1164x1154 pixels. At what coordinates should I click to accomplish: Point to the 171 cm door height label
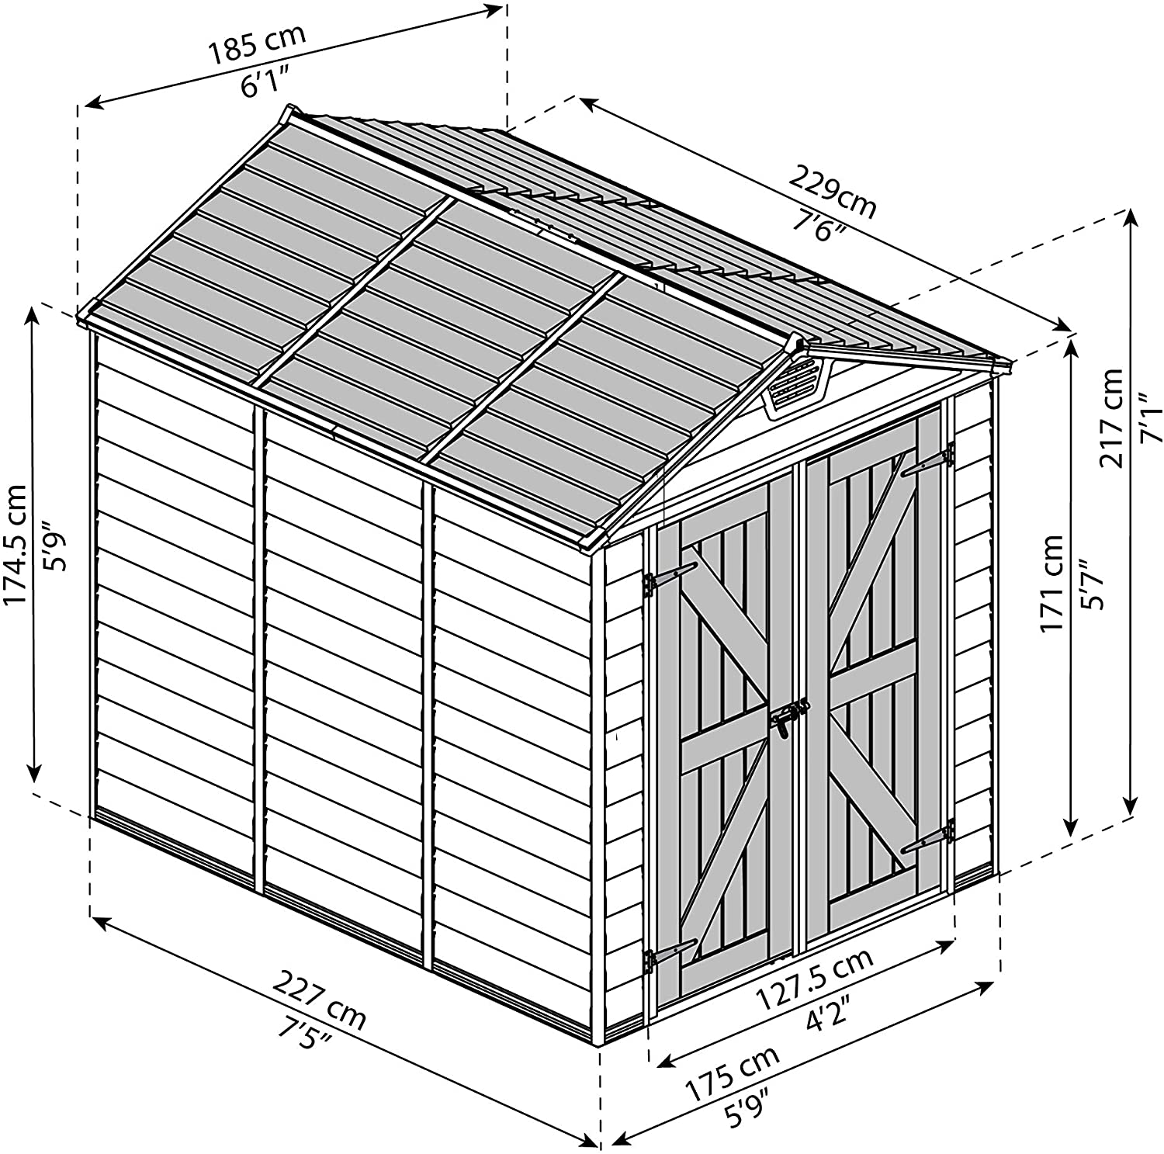pos(1052,584)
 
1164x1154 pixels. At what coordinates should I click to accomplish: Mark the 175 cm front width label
pos(732,1074)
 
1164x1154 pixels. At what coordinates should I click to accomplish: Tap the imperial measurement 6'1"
pos(265,81)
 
